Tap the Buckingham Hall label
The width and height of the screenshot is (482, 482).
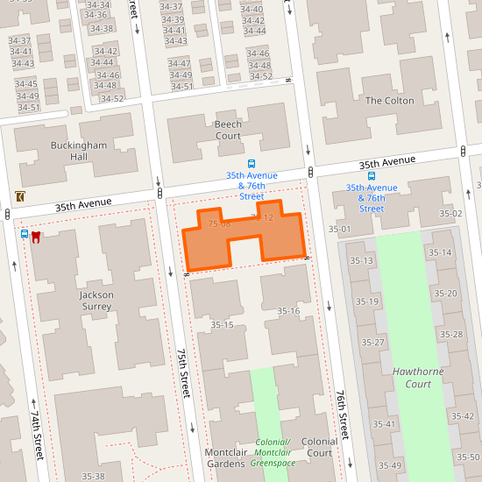[68, 150]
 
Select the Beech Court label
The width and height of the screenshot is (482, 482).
[228, 130]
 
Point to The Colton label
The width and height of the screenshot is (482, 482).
[389, 101]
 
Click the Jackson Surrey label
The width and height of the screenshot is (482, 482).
[96, 301]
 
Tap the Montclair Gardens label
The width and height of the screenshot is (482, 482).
[224, 457]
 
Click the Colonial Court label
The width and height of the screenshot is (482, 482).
[319, 447]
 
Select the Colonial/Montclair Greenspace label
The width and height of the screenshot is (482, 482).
[273, 451]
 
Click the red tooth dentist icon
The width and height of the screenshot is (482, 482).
[37, 236]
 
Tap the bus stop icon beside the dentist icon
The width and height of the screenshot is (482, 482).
[25, 235]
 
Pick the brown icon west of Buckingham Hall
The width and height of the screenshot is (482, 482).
[19, 196]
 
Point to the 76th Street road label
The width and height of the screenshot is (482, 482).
[344, 414]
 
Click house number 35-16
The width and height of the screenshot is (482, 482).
[288, 311]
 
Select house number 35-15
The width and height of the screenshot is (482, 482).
[222, 325]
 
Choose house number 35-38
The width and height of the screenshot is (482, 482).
[94, 476]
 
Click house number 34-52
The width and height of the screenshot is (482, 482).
[111, 98]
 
